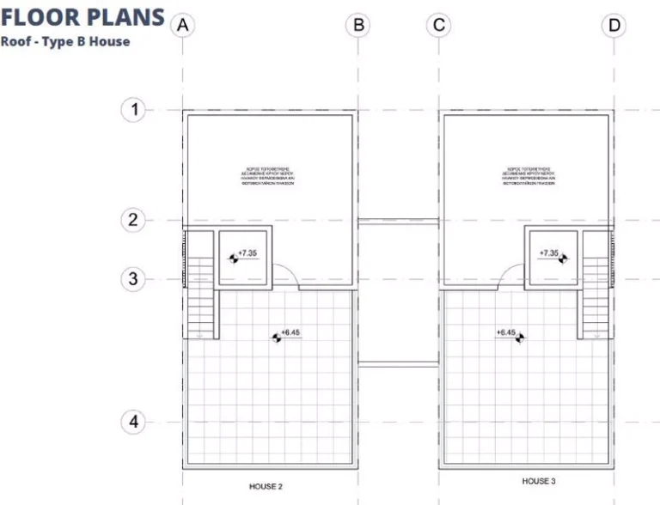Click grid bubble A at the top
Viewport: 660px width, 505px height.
pyautogui.click(x=182, y=25)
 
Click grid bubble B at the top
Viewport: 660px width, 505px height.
pyautogui.click(x=357, y=25)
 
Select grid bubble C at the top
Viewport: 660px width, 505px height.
pyautogui.click(x=438, y=25)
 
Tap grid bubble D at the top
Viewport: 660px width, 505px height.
pyautogui.click(x=614, y=25)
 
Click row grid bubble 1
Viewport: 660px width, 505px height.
pyautogui.click(x=132, y=110)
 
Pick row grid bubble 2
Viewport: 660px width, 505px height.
pyautogui.click(x=132, y=220)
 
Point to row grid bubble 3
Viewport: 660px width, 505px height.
pyautogui.click(x=132, y=279)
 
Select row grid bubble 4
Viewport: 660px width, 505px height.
pyautogui.click(x=132, y=423)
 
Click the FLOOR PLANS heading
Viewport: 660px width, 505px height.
pyautogui.click(x=82, y=17)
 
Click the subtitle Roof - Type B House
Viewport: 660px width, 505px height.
pyautogui.click(x=65, y=41)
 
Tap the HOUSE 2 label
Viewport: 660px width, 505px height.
pyautogui.click(x=266, y=486)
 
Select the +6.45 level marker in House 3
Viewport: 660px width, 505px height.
pyautogui.click(x=509, y=335)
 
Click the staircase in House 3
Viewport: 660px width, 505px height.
pyautogui.click(x=596, y=296)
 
